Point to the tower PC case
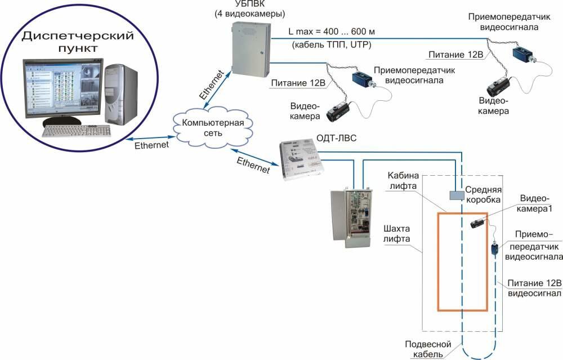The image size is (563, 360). (x=121, y=93)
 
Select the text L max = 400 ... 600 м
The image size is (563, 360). (x=324, y=30)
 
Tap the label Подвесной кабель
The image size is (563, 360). (x=425, y=349)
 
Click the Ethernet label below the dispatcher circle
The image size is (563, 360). (x=151, y=145)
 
